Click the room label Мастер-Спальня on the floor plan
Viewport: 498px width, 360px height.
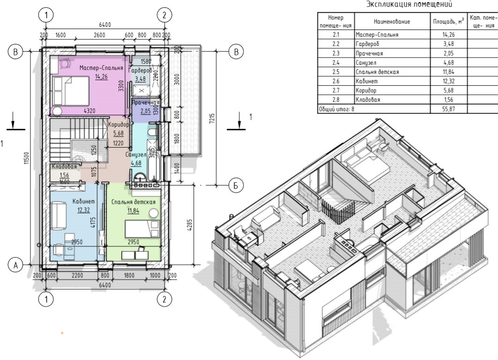(101, 67)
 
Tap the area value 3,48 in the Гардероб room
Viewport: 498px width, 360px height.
(140, 78)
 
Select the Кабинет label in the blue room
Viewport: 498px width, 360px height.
(83, 201)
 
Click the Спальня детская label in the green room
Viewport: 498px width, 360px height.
(134, 202)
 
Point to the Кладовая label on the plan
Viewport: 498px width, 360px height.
(65, 167)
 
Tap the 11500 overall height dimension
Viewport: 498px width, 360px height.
(27, 158)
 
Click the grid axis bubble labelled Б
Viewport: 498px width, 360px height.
(236, 185)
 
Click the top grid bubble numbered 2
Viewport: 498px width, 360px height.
(164, 15)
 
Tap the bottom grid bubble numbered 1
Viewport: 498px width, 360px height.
(46, 299)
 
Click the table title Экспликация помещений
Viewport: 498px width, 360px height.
(409, 4)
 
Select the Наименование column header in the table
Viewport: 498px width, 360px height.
(392, 22)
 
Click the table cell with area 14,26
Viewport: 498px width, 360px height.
(448, 35)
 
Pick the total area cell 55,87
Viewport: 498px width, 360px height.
(448, 109)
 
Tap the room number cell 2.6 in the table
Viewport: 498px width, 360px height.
(336, 81)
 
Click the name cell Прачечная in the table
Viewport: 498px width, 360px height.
(369, 53)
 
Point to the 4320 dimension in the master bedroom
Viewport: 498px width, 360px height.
(89, 111)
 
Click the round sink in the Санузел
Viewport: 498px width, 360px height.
(139, 176)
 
